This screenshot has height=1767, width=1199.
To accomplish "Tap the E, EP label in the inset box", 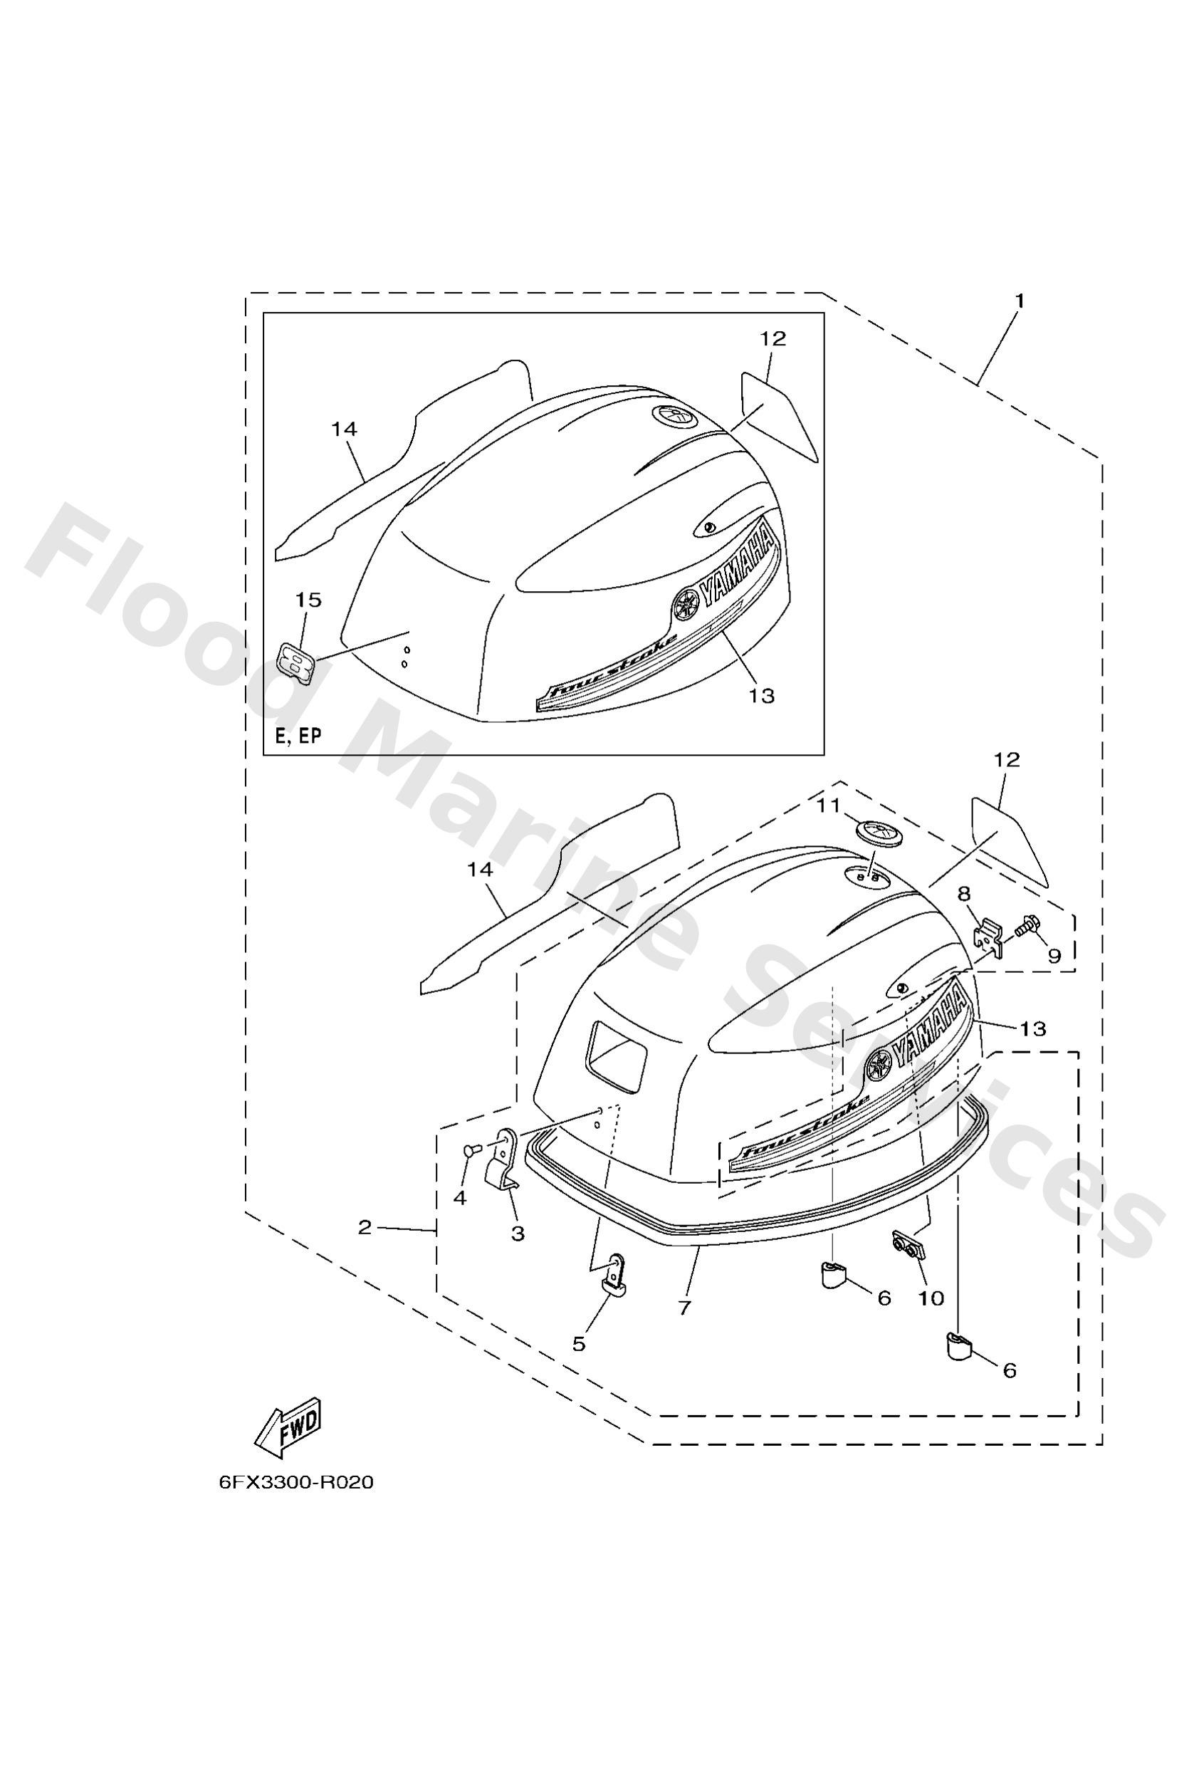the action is (298, 735).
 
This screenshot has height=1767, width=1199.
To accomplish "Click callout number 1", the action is (1020, 301).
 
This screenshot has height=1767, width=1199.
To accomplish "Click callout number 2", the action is (365, 1227).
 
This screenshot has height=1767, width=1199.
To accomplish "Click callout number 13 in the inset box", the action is (762, 695).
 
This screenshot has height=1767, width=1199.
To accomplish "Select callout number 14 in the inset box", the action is (344, 429).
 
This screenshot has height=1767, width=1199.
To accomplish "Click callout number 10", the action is (931, 1298).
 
